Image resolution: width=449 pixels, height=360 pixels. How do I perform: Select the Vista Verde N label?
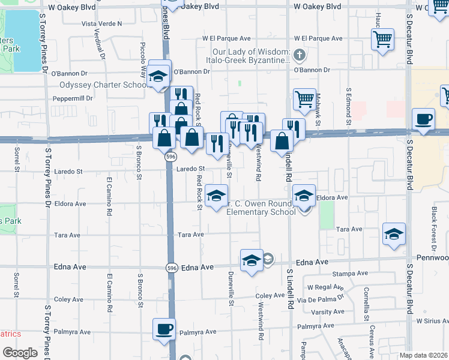pos(101,23)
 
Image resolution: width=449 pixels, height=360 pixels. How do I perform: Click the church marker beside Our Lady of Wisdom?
pos(300,57)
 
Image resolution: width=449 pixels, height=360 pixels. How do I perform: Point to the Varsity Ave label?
pos(328,311)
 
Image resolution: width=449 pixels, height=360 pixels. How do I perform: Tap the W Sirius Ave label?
pos(433,322)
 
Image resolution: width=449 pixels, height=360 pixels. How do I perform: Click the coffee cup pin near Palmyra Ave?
pos(164,329)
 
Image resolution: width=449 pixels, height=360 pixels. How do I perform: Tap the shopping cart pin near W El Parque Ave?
pos(382,40)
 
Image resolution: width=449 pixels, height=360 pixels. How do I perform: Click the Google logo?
pos(20,353)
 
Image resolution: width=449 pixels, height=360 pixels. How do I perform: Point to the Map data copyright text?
pos(423,355)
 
